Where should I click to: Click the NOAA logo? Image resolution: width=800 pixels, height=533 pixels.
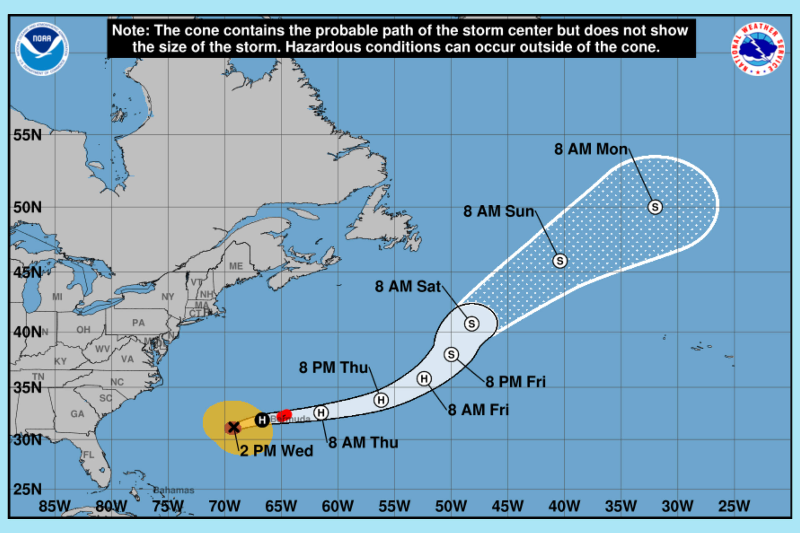click(x=42, y=49)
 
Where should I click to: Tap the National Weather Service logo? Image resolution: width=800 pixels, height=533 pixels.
click(x=758, y=49)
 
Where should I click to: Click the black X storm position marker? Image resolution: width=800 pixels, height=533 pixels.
click(x=233, y=427)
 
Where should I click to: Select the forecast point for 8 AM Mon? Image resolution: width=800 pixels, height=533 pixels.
click(x=655, y=207)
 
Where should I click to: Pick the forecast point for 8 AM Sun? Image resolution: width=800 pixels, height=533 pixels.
click(x=560, y=261)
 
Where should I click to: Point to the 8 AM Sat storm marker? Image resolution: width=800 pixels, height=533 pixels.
click(x=472, y=324)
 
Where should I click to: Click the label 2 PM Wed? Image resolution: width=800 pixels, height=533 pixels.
click(x=276, y=451)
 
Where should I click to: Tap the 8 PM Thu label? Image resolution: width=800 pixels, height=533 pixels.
click(x=333, y=368)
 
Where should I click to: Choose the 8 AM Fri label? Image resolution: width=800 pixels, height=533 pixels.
click(x=478, y=410)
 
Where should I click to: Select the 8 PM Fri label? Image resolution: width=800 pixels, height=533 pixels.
click(x=515, y=382)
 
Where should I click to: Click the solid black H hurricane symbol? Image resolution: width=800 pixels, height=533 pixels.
click(x=262, y=420)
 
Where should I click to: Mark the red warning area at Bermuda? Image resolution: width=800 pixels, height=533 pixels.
click(x=284, y=415)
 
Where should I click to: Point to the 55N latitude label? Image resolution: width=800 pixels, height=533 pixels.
click(x=28, y=135)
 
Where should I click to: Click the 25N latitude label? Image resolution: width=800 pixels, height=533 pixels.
click(x=28, y=489)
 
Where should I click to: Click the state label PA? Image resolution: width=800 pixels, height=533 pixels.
click(x=139, y=322)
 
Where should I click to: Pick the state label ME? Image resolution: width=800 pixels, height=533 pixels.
click(x=236, y=266)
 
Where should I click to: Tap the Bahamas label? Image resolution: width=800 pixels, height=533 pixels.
click(x=174, y=490)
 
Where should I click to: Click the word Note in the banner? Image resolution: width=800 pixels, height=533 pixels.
click(x=131, y=31)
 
